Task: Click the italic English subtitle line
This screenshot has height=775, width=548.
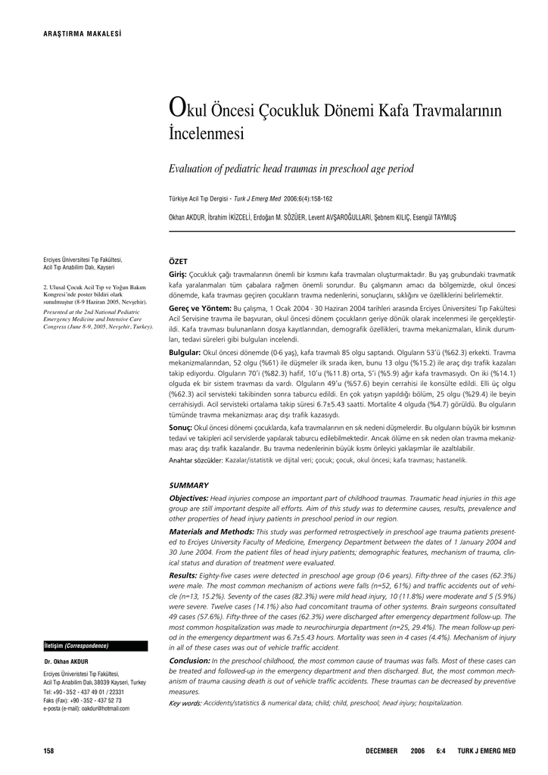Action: click(291, 169)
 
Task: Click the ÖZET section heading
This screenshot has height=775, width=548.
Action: click(177, 261)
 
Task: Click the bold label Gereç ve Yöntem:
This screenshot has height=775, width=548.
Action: click(200, 310)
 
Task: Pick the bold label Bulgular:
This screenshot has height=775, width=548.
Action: click(185, 353)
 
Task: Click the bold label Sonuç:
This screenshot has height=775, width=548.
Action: click(180, 428)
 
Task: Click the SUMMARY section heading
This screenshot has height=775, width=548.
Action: click(188, 485)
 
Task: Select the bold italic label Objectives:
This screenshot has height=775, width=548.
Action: click(188, 498)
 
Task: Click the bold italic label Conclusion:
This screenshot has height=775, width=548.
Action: click(189, 661)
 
